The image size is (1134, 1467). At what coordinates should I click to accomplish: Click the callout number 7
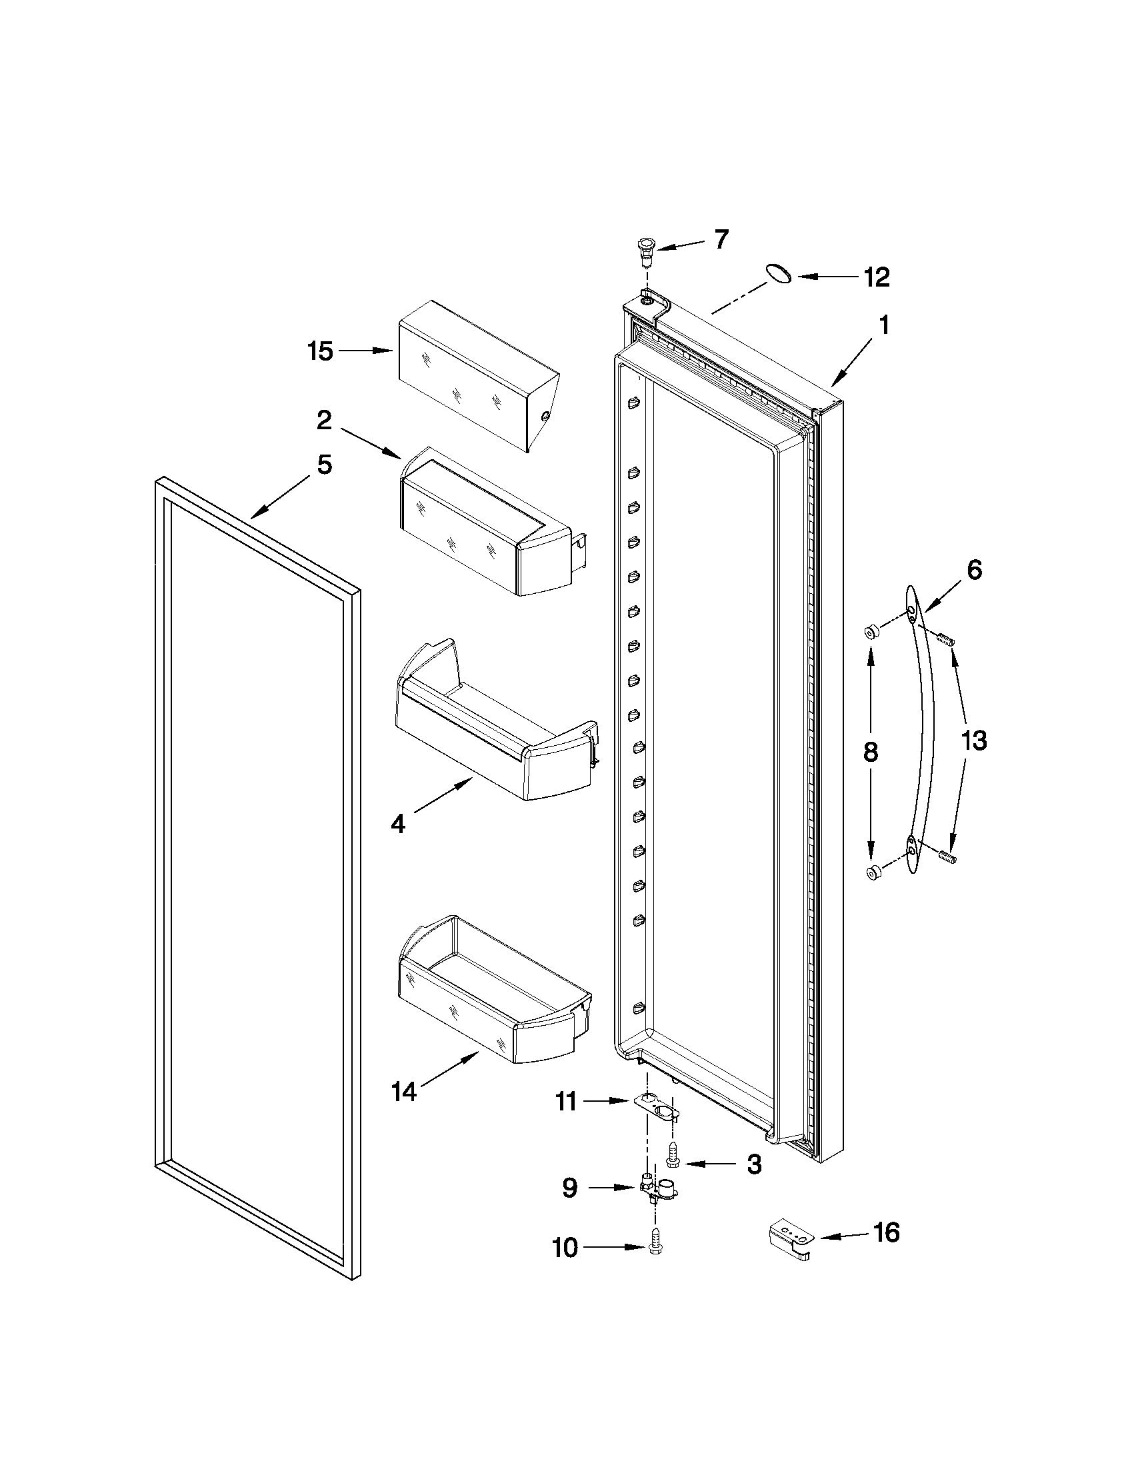721,240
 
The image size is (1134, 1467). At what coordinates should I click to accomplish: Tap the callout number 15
321,351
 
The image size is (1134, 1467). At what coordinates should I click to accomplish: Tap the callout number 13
973,741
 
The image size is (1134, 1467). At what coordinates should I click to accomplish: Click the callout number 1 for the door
884,327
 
